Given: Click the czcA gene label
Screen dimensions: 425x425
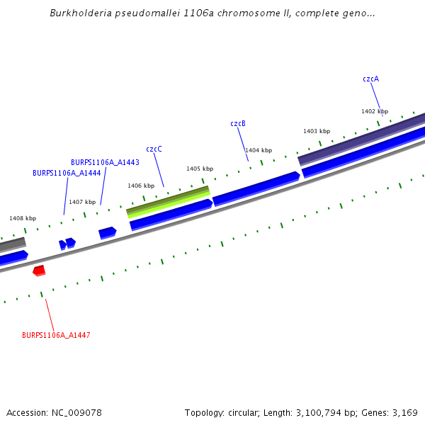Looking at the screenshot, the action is pyautogui.click(x=370, y=79).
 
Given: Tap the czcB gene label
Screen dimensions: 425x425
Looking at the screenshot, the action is pyautogui.click(x=238, y=123).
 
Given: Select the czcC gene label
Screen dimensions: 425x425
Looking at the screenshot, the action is pyautogui.click(x=154, y=149).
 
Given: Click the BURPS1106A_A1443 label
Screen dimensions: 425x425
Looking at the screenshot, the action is pyautogui.click(x=105, y=162).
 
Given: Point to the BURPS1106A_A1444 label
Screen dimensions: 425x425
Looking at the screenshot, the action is pyautogui.click(x=67, y=173).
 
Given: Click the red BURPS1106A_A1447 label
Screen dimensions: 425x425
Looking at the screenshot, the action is pyautogui.click(x=56, y=335).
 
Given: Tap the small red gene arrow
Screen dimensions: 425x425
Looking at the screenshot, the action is pyautogui.click(x=39, y=271).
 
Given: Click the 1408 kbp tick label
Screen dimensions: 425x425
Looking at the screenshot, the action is pyautogui.click(x=23, y=219).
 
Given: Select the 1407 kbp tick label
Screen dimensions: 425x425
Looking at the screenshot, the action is pyautogui.click(x=82, y=202).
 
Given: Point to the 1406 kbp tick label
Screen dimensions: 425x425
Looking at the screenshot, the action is pyautogui.click(x=141, y=186).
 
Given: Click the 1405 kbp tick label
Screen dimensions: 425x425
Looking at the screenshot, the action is pyautogui.click(x=200, y=169).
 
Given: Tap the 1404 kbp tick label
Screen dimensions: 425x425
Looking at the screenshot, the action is pyautogui.click(x=259, y=150).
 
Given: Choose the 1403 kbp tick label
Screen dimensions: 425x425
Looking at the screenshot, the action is pyautogui.click(x=317, y=131).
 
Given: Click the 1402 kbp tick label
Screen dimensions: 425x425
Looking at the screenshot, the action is pyautogui.click(x=375, y=111).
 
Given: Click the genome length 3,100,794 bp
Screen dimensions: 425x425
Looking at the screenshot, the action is pyautogui.click(x=330, y=412).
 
